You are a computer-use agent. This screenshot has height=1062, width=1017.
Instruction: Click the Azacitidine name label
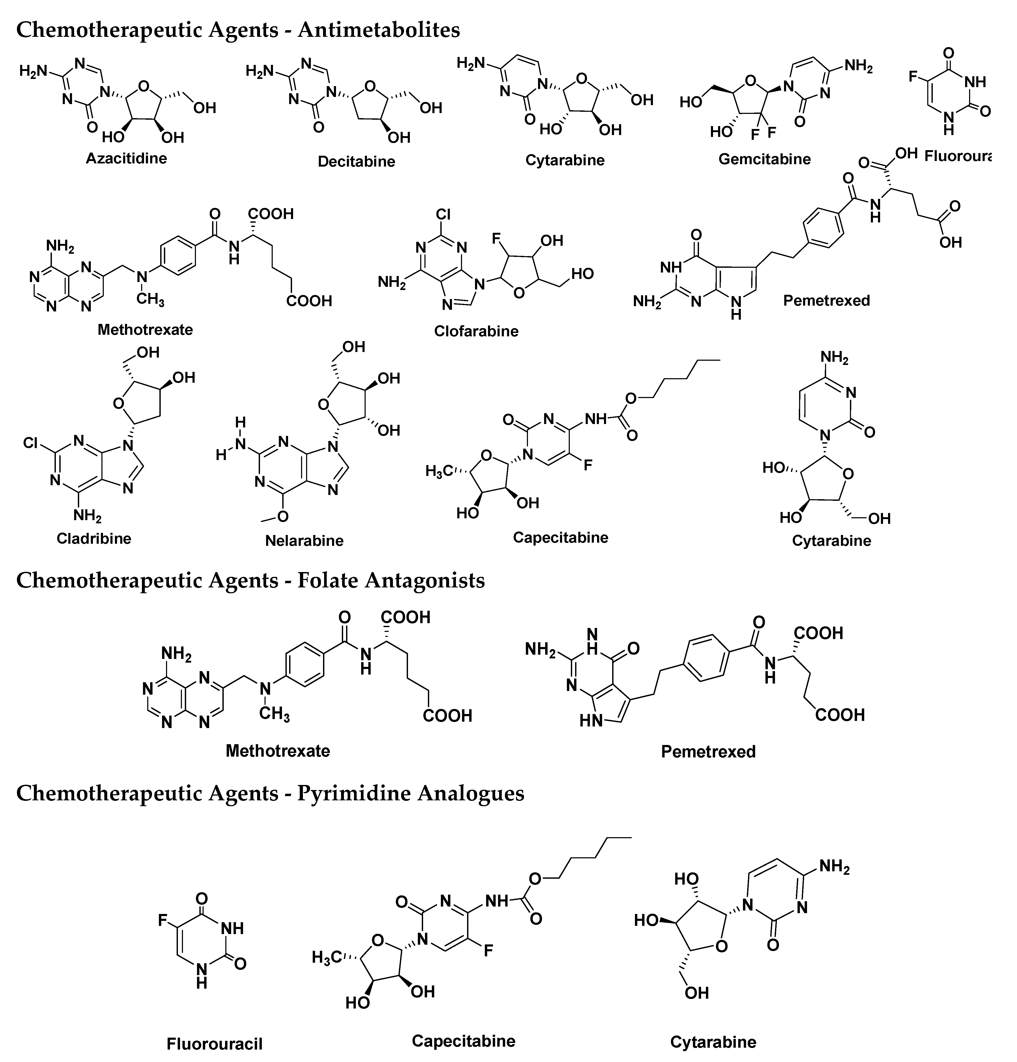126,158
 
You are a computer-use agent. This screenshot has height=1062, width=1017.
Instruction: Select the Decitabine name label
356,162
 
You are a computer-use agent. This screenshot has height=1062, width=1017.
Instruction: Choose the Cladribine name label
94,538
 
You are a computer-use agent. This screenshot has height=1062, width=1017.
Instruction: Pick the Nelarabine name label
304,540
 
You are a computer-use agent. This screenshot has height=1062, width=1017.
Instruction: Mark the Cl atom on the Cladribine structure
31,443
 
